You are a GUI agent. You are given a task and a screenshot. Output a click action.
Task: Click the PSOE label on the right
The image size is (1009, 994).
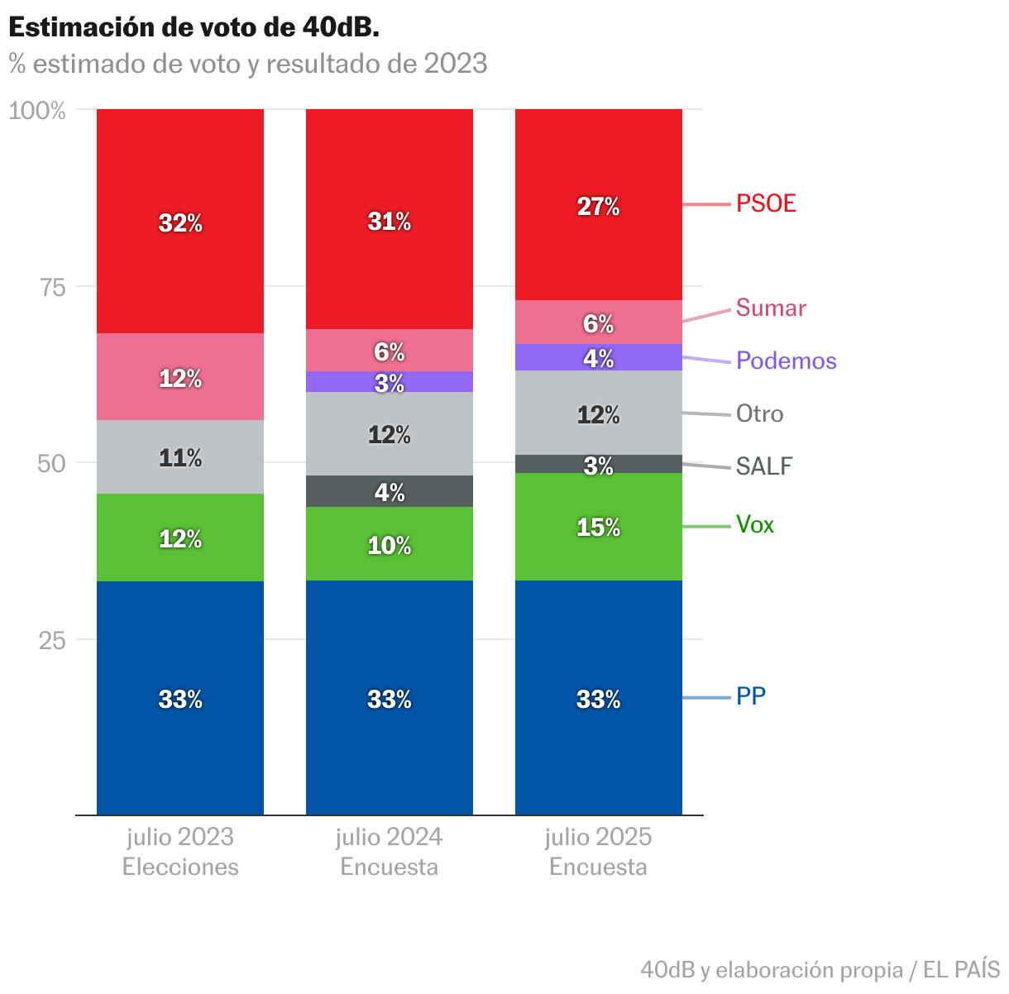click(766, 203)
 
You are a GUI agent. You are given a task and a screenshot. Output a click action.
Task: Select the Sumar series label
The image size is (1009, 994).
click(771, 308)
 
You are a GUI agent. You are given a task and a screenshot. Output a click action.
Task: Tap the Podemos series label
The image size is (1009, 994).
click(786, 361)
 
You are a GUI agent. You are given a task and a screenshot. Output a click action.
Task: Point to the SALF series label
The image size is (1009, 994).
click(764, 466)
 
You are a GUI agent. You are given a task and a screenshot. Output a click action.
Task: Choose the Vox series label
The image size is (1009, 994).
click(755, 525)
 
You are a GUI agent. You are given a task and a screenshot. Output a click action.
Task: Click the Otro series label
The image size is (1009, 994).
click(759, 413)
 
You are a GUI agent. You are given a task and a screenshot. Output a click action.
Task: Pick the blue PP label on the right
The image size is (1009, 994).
click(751, 696)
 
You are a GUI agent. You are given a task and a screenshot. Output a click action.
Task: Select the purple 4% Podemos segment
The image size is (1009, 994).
click(598, 357)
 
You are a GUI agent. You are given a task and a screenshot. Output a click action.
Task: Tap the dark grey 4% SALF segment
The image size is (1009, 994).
click(389, 492)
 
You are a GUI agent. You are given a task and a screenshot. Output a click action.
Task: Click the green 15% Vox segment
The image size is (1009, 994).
click(598, 527)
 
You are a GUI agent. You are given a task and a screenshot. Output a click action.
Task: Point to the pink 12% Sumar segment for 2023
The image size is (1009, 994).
click(180, 378)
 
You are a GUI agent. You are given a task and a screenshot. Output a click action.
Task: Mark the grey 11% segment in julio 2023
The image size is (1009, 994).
click(180, 457)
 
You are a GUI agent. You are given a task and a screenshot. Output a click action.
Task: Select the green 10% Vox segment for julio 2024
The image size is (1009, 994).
click(389, 544)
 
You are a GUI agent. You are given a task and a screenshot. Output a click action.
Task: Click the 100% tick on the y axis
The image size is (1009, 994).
click(37, 111)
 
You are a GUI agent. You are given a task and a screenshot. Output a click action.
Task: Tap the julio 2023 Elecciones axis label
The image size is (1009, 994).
click(180, 852)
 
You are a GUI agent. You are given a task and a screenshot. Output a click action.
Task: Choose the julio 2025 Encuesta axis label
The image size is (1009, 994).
click(598, 852)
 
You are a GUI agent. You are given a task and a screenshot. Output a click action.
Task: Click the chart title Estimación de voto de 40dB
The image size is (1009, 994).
click(194, 27)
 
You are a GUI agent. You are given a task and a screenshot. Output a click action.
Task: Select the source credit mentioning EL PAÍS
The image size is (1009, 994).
click(820, 969)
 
